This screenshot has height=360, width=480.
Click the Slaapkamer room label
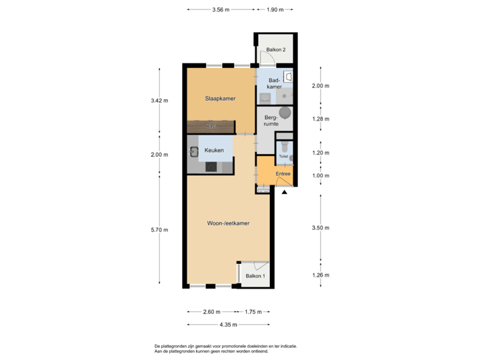[x=220, y=99]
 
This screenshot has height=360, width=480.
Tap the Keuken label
[x=214, y=151]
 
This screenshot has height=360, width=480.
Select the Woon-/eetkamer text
[x=227, y=223]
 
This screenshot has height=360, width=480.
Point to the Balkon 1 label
[x=255, y=276]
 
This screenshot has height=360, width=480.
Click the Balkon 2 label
[x=276, y=50]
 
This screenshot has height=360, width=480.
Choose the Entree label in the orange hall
[x=283, y=174]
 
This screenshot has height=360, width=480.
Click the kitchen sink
[x=194, y=151]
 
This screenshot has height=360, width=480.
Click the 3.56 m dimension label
[x=220, y=10]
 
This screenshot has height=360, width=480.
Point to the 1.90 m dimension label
[x=275, y=10]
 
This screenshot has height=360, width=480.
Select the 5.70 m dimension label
[x=159, y=229]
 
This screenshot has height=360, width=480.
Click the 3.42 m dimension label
[x=159, y=101]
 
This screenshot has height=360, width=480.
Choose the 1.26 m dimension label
[x=321, y=275]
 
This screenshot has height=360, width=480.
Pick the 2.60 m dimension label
[x=213, y=311]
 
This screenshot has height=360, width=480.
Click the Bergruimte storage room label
[x=271, y=121]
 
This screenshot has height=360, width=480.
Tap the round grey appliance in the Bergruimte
[x=286, y=113]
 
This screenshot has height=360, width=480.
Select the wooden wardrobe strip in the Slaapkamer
[x=211, y=126]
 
